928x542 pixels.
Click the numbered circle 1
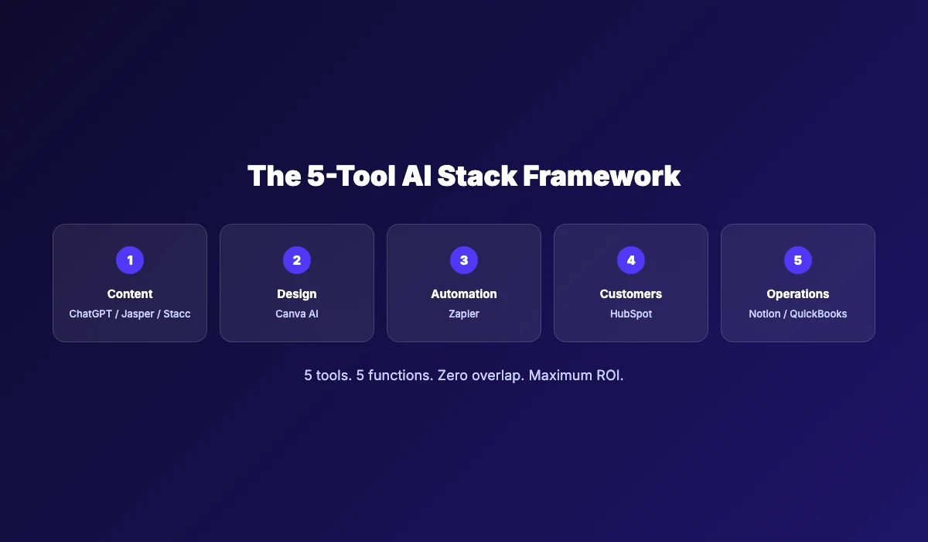point(130,260)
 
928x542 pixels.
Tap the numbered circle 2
point(297,260)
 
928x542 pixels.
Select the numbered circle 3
point(463,260)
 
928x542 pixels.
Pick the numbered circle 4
point(630,260)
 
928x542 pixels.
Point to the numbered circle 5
point(797,260)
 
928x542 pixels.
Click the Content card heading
point(130,294)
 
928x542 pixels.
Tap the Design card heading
point(297,294)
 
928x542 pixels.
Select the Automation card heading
point(463,294)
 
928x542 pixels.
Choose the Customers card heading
point(630,294)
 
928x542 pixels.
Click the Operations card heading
point(797,294)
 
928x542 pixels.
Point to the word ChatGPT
point(90,314)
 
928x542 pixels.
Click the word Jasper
point(138,314)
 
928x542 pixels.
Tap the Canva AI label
point(297,314)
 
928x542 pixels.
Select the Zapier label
point(463,314)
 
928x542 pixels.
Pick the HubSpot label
point(630,314)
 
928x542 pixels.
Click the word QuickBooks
point(818,314)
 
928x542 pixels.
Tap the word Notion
point(764,314)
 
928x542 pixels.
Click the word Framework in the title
point(602,176)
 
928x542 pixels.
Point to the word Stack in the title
point(477,176)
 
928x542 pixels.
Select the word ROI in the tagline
point(609,376)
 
